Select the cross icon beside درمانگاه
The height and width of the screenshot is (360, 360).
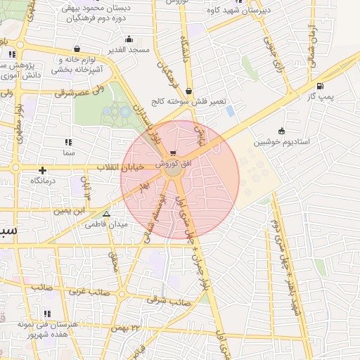(x=43, y=169)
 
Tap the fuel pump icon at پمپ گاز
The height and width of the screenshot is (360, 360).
(x=321, y=86)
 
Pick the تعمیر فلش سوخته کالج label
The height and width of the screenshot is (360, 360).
(x=191, y=101)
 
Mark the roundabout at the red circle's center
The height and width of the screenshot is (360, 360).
(x=172, y=169)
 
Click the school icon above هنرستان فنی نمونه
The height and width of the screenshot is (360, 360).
(x=48, y=314)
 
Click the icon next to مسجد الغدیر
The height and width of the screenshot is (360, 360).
(x=129, y=39)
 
